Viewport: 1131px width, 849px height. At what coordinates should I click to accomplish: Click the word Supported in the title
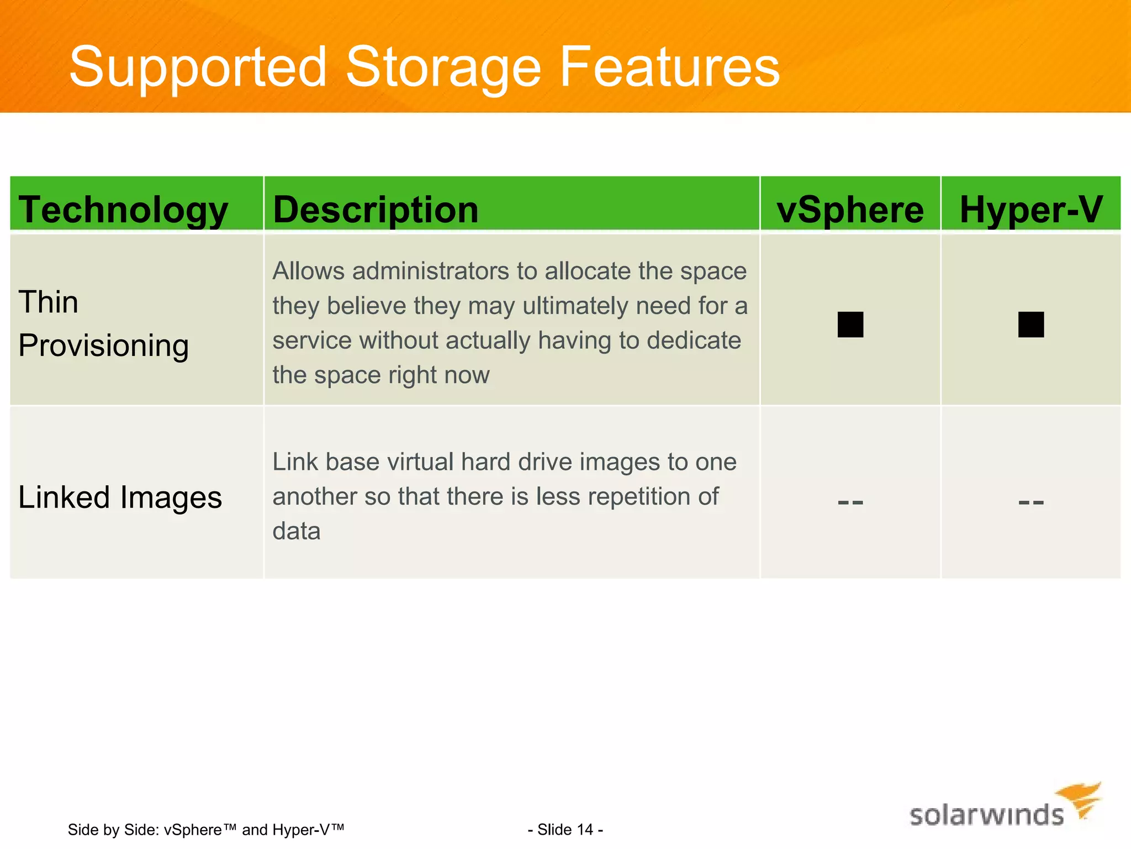198,67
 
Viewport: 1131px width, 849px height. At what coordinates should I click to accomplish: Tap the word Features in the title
669,67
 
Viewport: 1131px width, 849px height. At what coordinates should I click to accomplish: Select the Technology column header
123,210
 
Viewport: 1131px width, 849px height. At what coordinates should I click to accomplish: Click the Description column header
376,210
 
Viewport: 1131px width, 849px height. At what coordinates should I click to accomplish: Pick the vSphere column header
850,210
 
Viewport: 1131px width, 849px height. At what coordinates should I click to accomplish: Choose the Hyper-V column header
1031,210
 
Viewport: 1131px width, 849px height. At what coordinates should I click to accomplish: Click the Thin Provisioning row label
103,324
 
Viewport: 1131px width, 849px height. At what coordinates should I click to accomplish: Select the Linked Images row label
120,497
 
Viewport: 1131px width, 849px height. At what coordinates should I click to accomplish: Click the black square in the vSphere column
850,324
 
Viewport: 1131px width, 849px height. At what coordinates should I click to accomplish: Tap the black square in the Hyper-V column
1031,324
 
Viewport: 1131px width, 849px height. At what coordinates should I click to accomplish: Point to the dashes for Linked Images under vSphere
850,502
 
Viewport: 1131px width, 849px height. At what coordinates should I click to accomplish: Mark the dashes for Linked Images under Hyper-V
1031,502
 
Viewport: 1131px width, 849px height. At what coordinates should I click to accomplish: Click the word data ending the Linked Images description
297,531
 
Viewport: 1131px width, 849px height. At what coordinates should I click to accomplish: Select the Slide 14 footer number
565,830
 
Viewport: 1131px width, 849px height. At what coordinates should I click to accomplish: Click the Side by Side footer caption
206,830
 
